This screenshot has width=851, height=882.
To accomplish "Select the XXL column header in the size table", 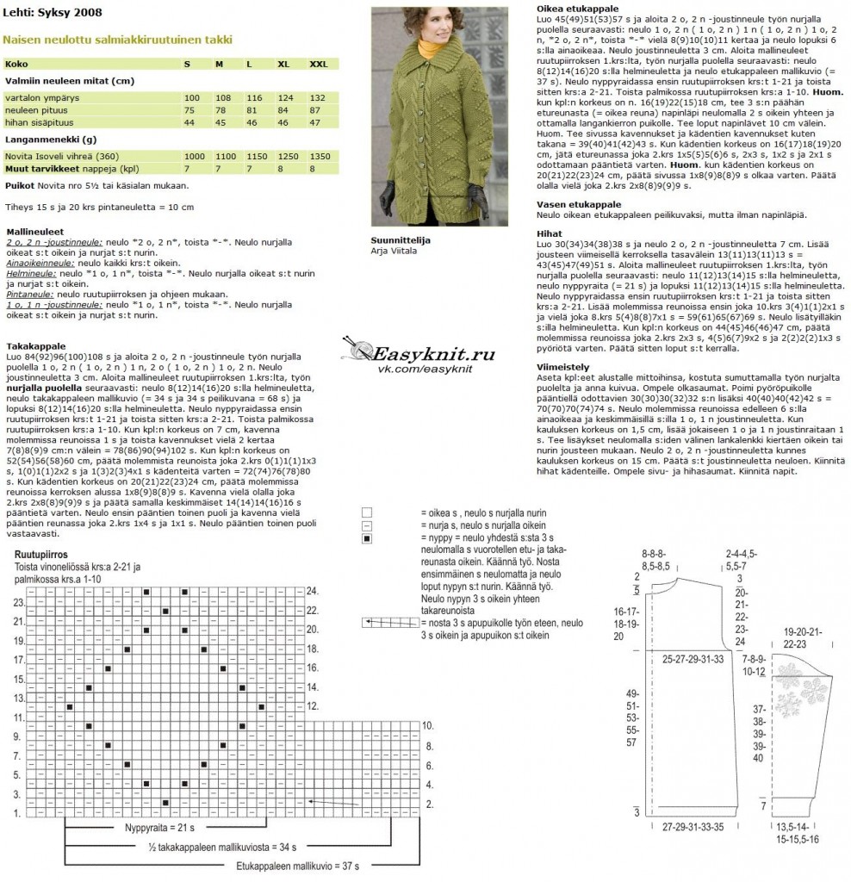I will coord(319,64).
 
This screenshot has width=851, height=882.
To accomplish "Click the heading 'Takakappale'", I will coord(30,345).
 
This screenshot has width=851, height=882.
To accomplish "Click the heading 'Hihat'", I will coord(549,233).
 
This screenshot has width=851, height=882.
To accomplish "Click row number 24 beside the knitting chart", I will coord(314,591).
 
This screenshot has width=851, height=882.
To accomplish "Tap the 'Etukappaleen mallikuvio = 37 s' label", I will coord(297,865).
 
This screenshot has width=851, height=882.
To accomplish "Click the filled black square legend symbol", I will coord(367,538).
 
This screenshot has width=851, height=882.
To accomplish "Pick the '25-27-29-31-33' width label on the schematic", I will coord(693,658).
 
